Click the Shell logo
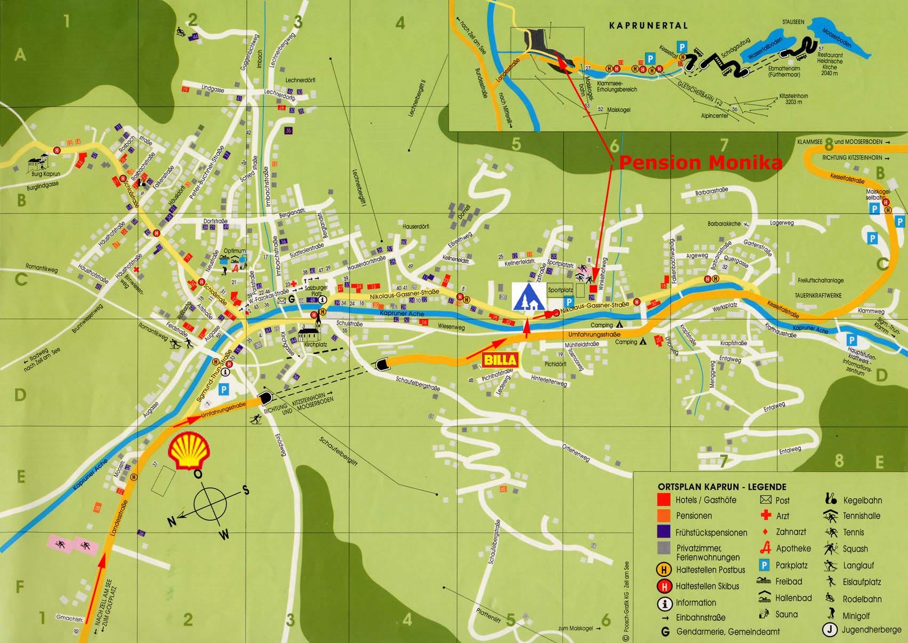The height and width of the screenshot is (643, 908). pos(189,448)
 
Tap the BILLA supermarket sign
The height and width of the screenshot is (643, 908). pos(500,360)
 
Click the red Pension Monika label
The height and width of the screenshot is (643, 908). pos(700,163)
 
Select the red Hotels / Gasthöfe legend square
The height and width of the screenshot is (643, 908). pos(664,500)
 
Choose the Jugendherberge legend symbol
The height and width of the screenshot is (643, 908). pos(829,630)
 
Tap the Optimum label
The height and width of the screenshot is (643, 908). pos(234,250)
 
